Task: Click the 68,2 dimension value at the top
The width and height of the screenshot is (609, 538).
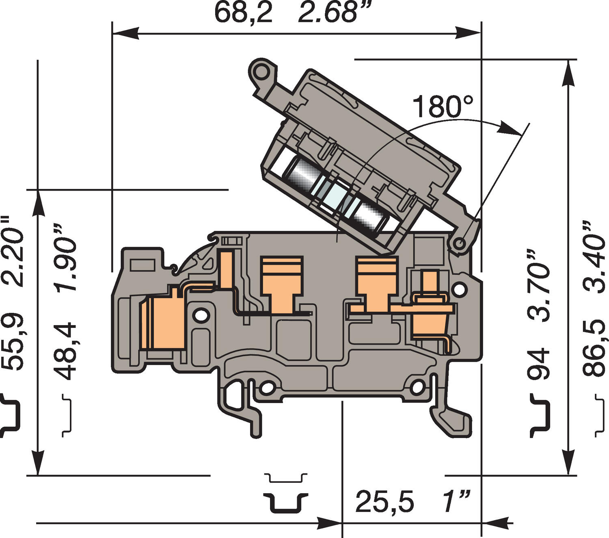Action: pyautogui.click(x=243, y=12)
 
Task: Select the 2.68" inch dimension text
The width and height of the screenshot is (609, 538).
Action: pyautogui.click(x=328, y=12)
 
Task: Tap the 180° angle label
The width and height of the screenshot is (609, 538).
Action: pyautogui.click(x=443, y=106)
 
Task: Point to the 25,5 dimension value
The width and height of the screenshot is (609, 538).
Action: pyautogui.click(x=385, y=501)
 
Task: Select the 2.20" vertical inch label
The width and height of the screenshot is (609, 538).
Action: pyautogui.click(x=13, y=251)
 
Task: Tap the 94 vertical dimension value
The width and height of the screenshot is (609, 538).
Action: pyautogui.click(x=538, y=363)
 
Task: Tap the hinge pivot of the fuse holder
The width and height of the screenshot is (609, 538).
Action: pyautogui.click(x=459, y=243)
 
